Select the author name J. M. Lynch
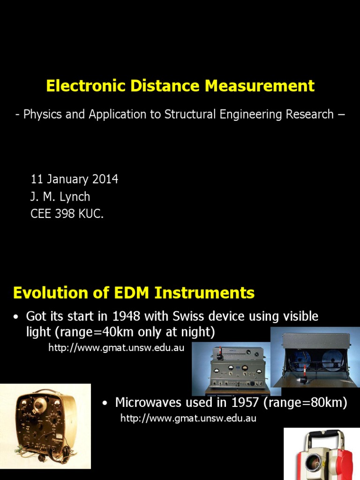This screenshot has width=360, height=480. coord(60,197)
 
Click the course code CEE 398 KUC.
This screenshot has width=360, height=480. coord(67,214)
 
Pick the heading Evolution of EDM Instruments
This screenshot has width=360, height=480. coord(134,293)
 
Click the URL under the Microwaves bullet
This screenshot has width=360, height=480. coord(188,419)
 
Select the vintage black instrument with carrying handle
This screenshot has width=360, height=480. coord(45,425)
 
